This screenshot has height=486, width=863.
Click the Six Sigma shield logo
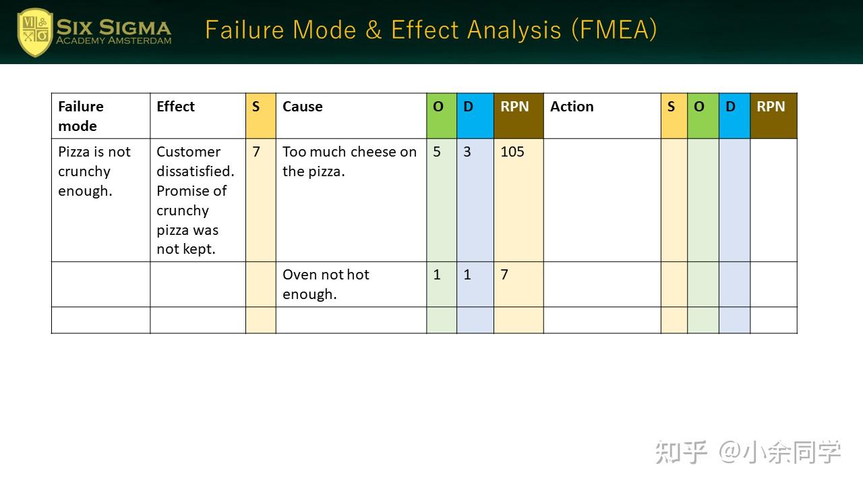(x=34, y=32)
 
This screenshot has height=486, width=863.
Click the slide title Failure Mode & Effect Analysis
(x=431, y=30)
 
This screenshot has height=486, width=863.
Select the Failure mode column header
(x=81, y=116)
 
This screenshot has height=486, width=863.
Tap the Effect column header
(x=175, y=107)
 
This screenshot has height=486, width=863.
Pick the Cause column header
(x=302, y=107)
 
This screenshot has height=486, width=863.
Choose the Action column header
(x=572, y=107)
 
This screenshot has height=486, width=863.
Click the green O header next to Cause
(x=438, y=107)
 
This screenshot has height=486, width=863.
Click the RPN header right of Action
(x=771, y=107)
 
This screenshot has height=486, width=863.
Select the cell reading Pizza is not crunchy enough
(x=94, y=171)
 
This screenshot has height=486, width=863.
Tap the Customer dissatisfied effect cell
(x=196, y=200)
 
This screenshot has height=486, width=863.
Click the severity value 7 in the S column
(x=256, y=152)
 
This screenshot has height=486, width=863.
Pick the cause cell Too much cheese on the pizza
(x=349, y=161)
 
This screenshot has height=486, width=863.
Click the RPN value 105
(x=512, y=152)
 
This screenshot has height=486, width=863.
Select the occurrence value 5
(x=437, y=152)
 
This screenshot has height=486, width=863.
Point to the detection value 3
(x=467, y=152)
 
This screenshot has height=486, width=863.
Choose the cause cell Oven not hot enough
(x=326, y=284)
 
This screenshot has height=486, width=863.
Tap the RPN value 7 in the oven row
(x=504, y=275)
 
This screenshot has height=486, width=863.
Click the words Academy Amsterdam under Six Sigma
(x=113, y=40)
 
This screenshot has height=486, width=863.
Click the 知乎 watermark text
(x=681, y=452)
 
